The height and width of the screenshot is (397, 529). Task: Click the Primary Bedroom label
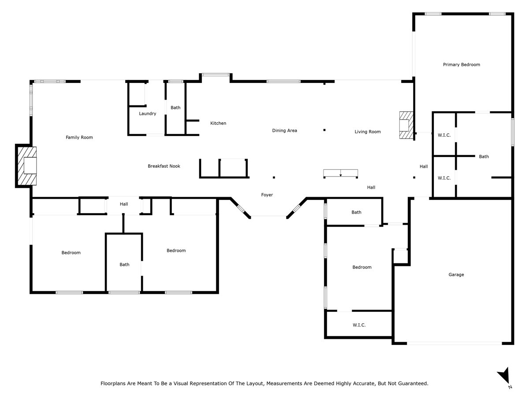click(x=461, y=64)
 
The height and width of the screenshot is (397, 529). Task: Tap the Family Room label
click(x=79, y=137)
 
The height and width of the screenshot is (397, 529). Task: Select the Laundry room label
click(x=148, y=113)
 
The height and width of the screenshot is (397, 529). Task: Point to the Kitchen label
click(x=218, y=123)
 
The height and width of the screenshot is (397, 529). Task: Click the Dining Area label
click(x=284, y=131)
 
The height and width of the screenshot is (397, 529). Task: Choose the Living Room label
click(x=368, y=131)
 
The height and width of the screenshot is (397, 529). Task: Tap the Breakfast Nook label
click(x=164, y=166)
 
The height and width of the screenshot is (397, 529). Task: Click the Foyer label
click(x=267, y=195)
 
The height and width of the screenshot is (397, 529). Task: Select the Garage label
click(x=456, y=274)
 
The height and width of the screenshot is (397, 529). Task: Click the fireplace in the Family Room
click(x=27, y=166)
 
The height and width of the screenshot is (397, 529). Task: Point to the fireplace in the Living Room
click(x=406, y=125)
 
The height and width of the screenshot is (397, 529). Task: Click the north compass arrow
click(x=504, y=375)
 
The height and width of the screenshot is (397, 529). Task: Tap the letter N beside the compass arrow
click(x=510, y=387)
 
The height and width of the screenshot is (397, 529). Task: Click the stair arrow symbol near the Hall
click(x=340, y=173)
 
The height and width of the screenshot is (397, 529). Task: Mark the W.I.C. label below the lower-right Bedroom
click(x=359, y=325)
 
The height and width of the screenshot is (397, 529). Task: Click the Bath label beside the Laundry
click(x=175, y=108)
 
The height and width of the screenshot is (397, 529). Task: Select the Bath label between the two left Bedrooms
click(x=124, y=264)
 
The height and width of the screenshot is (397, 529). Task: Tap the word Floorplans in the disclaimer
click(x=113, y=383)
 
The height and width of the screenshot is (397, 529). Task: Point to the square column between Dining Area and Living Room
click(x=324, y=130)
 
